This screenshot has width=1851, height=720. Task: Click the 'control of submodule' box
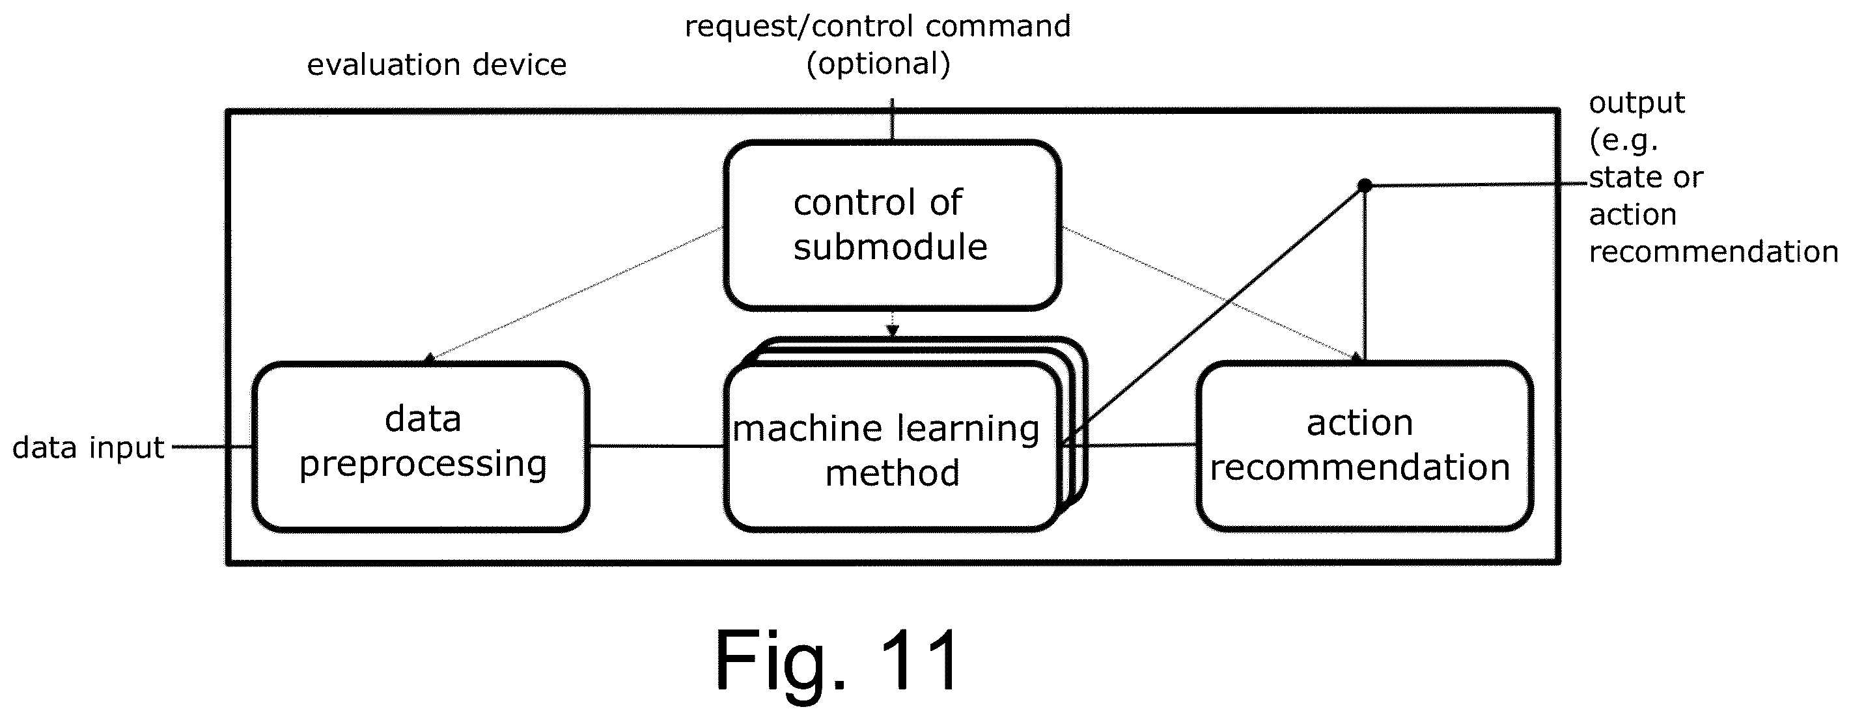[893, 225]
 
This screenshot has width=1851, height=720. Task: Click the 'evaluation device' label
[437, 64]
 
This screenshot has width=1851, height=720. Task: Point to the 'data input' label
[89, 448]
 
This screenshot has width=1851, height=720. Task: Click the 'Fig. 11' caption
[837, 659]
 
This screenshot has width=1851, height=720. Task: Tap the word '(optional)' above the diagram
[878, 63]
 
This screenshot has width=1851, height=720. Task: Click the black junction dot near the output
[1365, 186]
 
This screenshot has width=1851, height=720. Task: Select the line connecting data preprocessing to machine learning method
[657, 446]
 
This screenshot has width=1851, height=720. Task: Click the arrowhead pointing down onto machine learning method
[893, 331]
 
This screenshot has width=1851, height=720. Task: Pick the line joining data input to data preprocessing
[212, 447]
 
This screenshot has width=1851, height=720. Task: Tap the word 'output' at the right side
[1637, 103]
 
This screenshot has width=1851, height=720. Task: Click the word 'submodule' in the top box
[890, 247]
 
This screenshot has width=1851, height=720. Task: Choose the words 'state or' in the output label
[1645, 177]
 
